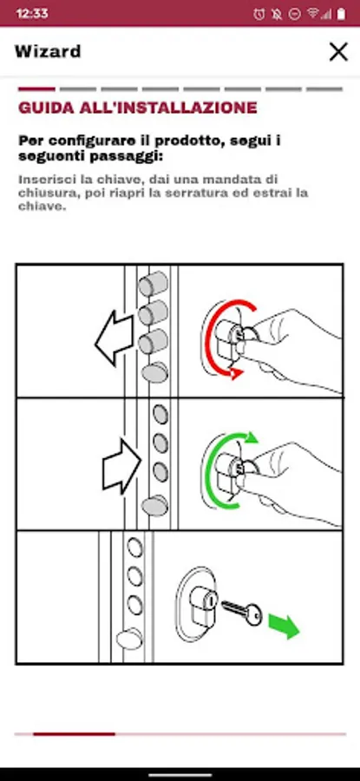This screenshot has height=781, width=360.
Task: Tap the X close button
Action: (x=338, y=52)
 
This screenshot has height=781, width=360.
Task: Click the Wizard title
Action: (x=48, y=51)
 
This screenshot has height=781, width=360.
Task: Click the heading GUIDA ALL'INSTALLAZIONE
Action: (x=138, y=108)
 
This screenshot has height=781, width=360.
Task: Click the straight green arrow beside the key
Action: (x=284, y=626)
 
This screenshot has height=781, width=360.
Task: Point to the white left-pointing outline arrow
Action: (x=115, y=338)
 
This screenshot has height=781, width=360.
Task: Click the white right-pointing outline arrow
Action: (x=122, y=466)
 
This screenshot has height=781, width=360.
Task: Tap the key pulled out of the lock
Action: (x=242, y=613)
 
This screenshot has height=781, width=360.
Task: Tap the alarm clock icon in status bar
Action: (x=259, y=14)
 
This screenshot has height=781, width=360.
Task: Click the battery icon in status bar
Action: (x=341, y=14)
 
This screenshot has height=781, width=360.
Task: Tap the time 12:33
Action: (x=32, y=13)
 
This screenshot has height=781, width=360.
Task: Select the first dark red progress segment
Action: (x=36, y=89)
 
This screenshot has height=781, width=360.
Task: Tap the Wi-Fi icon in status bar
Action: (x=313, y=13)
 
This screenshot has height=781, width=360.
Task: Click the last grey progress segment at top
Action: (x=324, y=89)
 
